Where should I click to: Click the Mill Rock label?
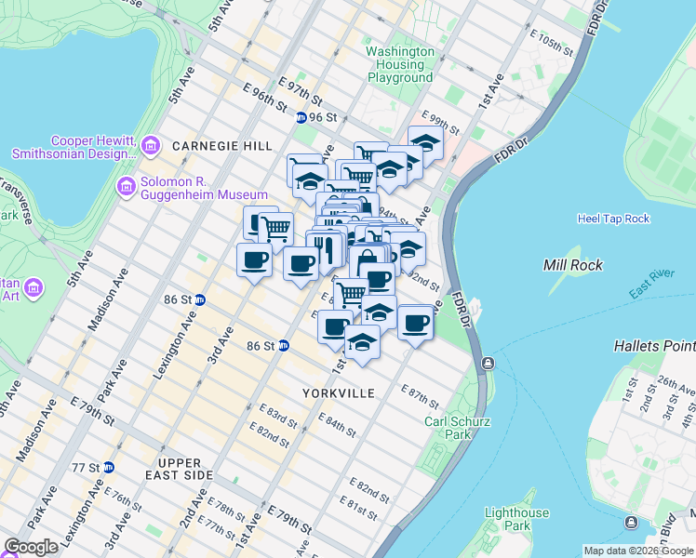[x=573, y=265]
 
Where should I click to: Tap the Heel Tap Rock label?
[x=612, y=219]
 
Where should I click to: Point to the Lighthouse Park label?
[x=516, y=520]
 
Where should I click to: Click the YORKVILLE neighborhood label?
[x=339, y=393]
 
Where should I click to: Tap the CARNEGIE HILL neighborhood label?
[x=222, y=146]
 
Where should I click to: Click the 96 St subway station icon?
[x=301, y=118]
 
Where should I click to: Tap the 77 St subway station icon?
[x=109, y=467]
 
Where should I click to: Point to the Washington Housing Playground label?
[x=400, y=65]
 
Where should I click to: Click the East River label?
[x=651, y=289]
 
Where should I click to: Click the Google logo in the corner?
[x=31, y=547]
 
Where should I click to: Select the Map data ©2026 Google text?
[x=639, y=551]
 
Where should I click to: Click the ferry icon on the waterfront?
[x=486, y=363]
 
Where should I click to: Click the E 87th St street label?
[x=421, y=395]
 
